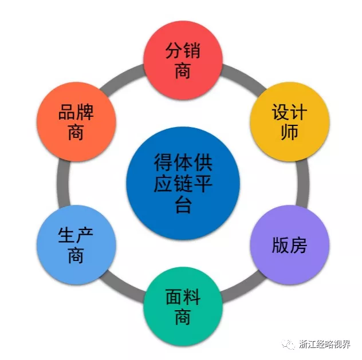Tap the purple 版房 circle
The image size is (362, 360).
290,244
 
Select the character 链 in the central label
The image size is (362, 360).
182,184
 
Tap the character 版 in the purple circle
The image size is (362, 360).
281,245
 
